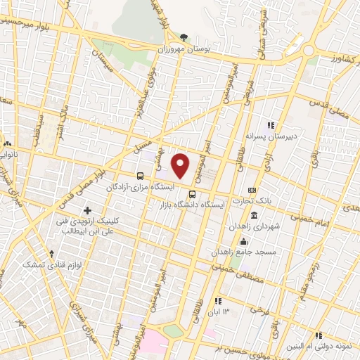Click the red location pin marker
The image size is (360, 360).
[181, 165]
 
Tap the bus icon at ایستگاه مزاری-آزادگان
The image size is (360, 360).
[141, 176]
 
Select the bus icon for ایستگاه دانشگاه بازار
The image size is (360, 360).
[192, 194]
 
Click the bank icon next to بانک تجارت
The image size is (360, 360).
[252, 190]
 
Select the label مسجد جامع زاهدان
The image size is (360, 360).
[266, 250]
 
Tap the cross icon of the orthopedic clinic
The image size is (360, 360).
[87, 210]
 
